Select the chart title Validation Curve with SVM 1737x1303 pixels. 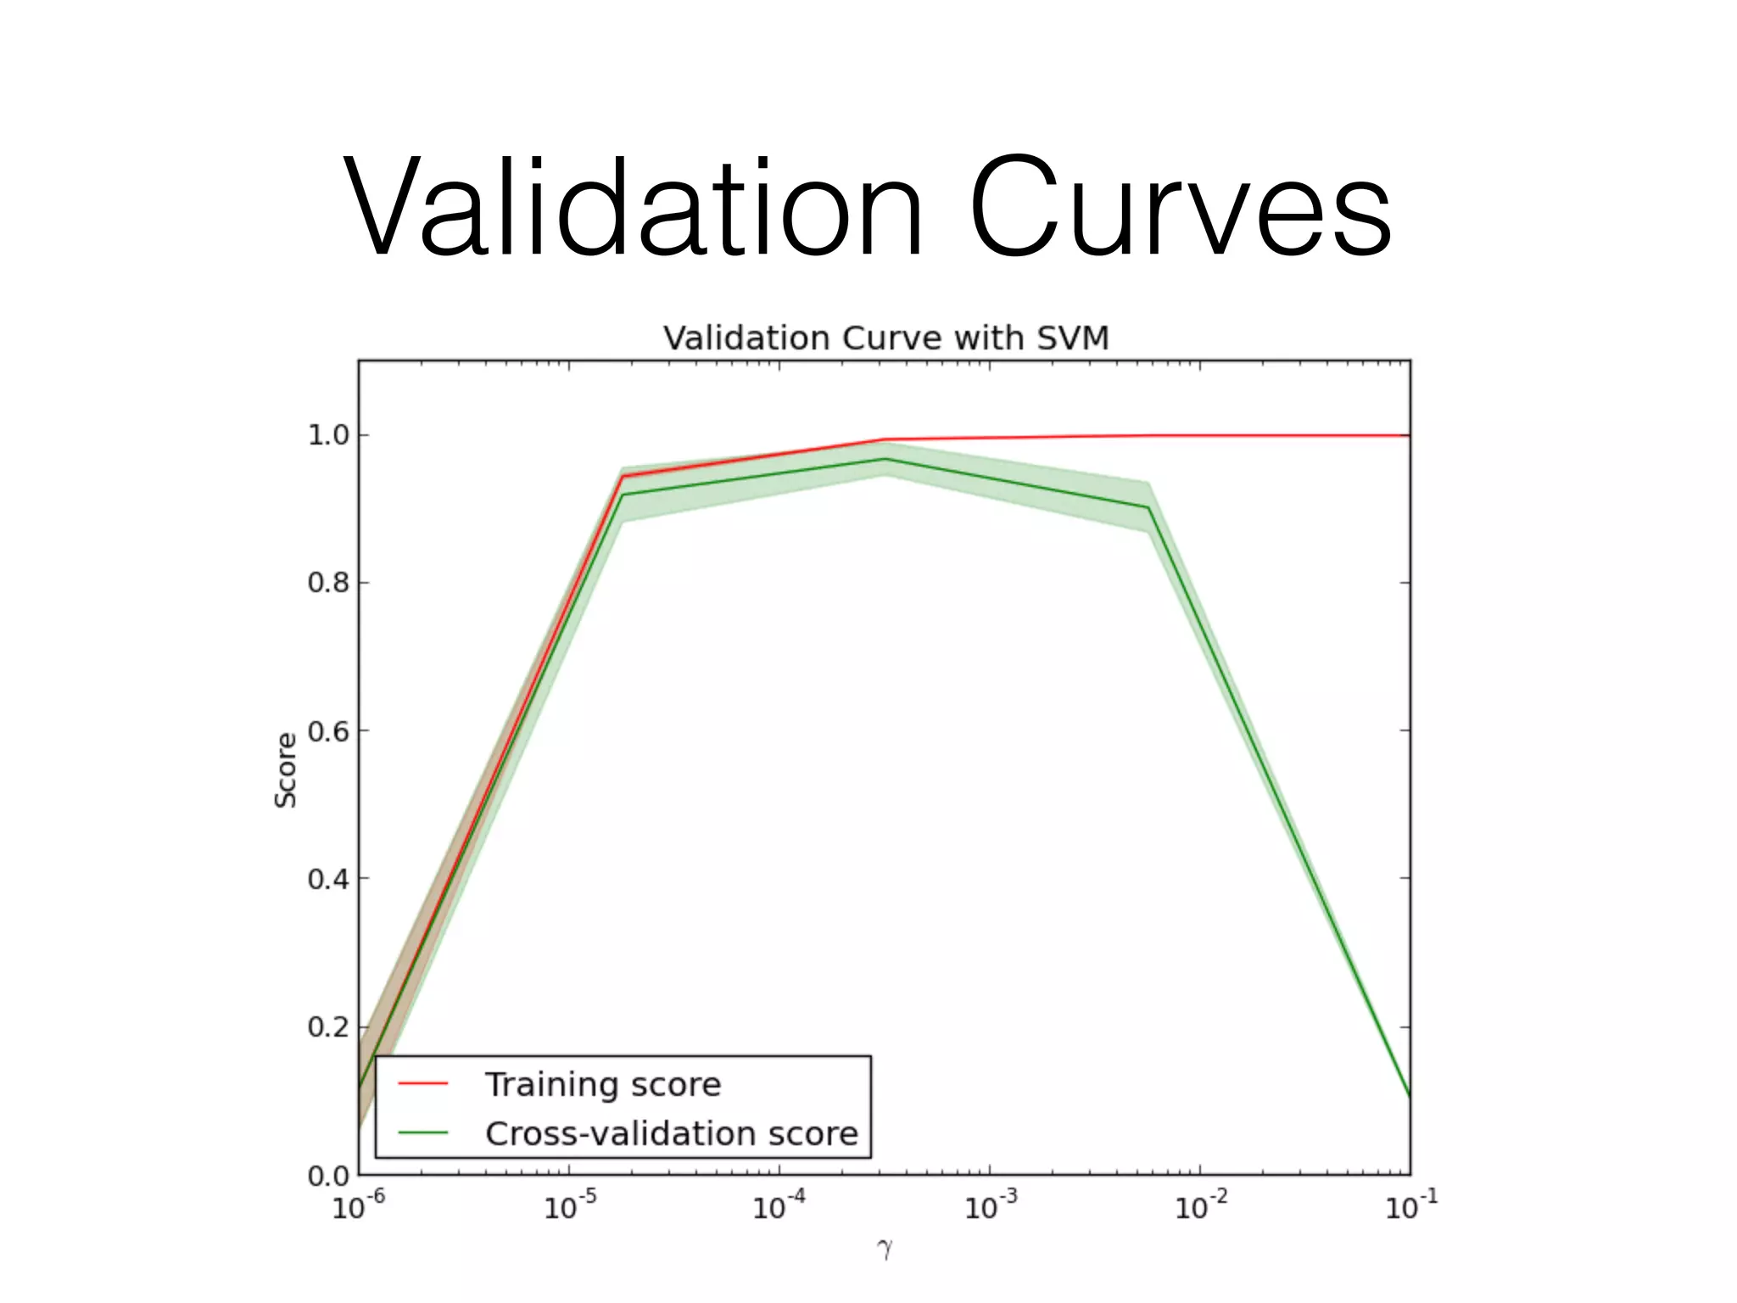point(885,338)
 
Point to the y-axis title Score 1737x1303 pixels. point(286,770)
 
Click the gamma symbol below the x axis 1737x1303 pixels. point(885,1249)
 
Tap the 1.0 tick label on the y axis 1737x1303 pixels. point(328,435)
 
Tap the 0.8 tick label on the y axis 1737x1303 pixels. point(328,583)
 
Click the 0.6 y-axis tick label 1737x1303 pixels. point(328,731)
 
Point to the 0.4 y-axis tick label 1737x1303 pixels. point(328,879)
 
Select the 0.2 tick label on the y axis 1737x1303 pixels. point(328,1027)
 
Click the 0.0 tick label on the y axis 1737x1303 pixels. point(328,1176)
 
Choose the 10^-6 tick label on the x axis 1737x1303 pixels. point(359,1205)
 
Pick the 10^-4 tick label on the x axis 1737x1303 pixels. point(779,1205)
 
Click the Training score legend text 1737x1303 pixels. point(603,1085)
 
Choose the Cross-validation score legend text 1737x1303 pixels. point(671,1134)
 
